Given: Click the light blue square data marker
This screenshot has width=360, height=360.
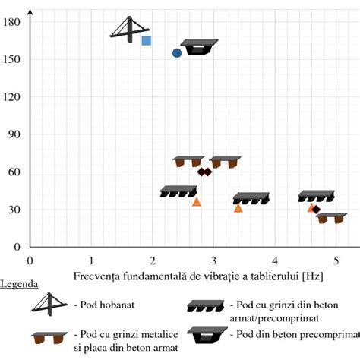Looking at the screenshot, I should pyautogui.click(x=147, y=40).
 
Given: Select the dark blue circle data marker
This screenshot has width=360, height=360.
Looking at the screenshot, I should pyautogui.click(x=177, y=53).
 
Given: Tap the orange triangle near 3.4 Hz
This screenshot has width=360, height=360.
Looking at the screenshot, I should pyautogui.click(x=238, y=208).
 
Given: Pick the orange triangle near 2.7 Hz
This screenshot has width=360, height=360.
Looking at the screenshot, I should pyautogui.click(x=197, y=202).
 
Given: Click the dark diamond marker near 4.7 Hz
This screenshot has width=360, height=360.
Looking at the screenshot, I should pyautogui.click(x=316, y=209).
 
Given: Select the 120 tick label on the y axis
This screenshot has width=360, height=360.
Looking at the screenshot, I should pyautogui.click(x=12, y=97).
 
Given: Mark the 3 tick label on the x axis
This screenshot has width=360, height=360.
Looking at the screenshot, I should pyautogui.click(x=213, y=259).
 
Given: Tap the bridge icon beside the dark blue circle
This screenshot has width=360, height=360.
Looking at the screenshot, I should pyautogui.click(x=200, y=47).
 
